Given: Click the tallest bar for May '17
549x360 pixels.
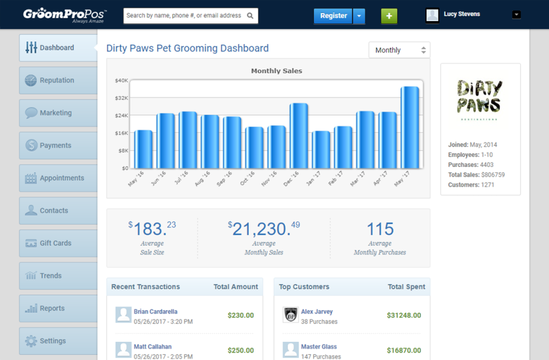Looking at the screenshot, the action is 409,127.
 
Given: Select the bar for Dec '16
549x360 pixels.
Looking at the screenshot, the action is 299,136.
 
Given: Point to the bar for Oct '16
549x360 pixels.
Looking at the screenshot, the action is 254,147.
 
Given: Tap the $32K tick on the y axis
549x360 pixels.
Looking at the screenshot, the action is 121,98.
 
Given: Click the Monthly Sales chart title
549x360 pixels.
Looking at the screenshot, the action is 277,71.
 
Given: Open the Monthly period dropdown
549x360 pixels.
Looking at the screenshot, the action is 400,50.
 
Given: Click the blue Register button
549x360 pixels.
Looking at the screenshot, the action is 333,16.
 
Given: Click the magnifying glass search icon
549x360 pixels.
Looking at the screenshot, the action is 250,16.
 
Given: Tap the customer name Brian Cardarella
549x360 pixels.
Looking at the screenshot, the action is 156,311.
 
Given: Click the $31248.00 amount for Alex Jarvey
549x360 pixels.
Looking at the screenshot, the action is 404,315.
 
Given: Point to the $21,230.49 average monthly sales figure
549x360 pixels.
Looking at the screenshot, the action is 264,229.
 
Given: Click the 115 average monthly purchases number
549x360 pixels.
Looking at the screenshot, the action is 380,229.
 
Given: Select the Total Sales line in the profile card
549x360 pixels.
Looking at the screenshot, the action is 476,175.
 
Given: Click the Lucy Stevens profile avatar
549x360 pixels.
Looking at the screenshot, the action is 432,15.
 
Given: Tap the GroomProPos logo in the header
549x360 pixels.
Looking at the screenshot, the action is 65,15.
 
